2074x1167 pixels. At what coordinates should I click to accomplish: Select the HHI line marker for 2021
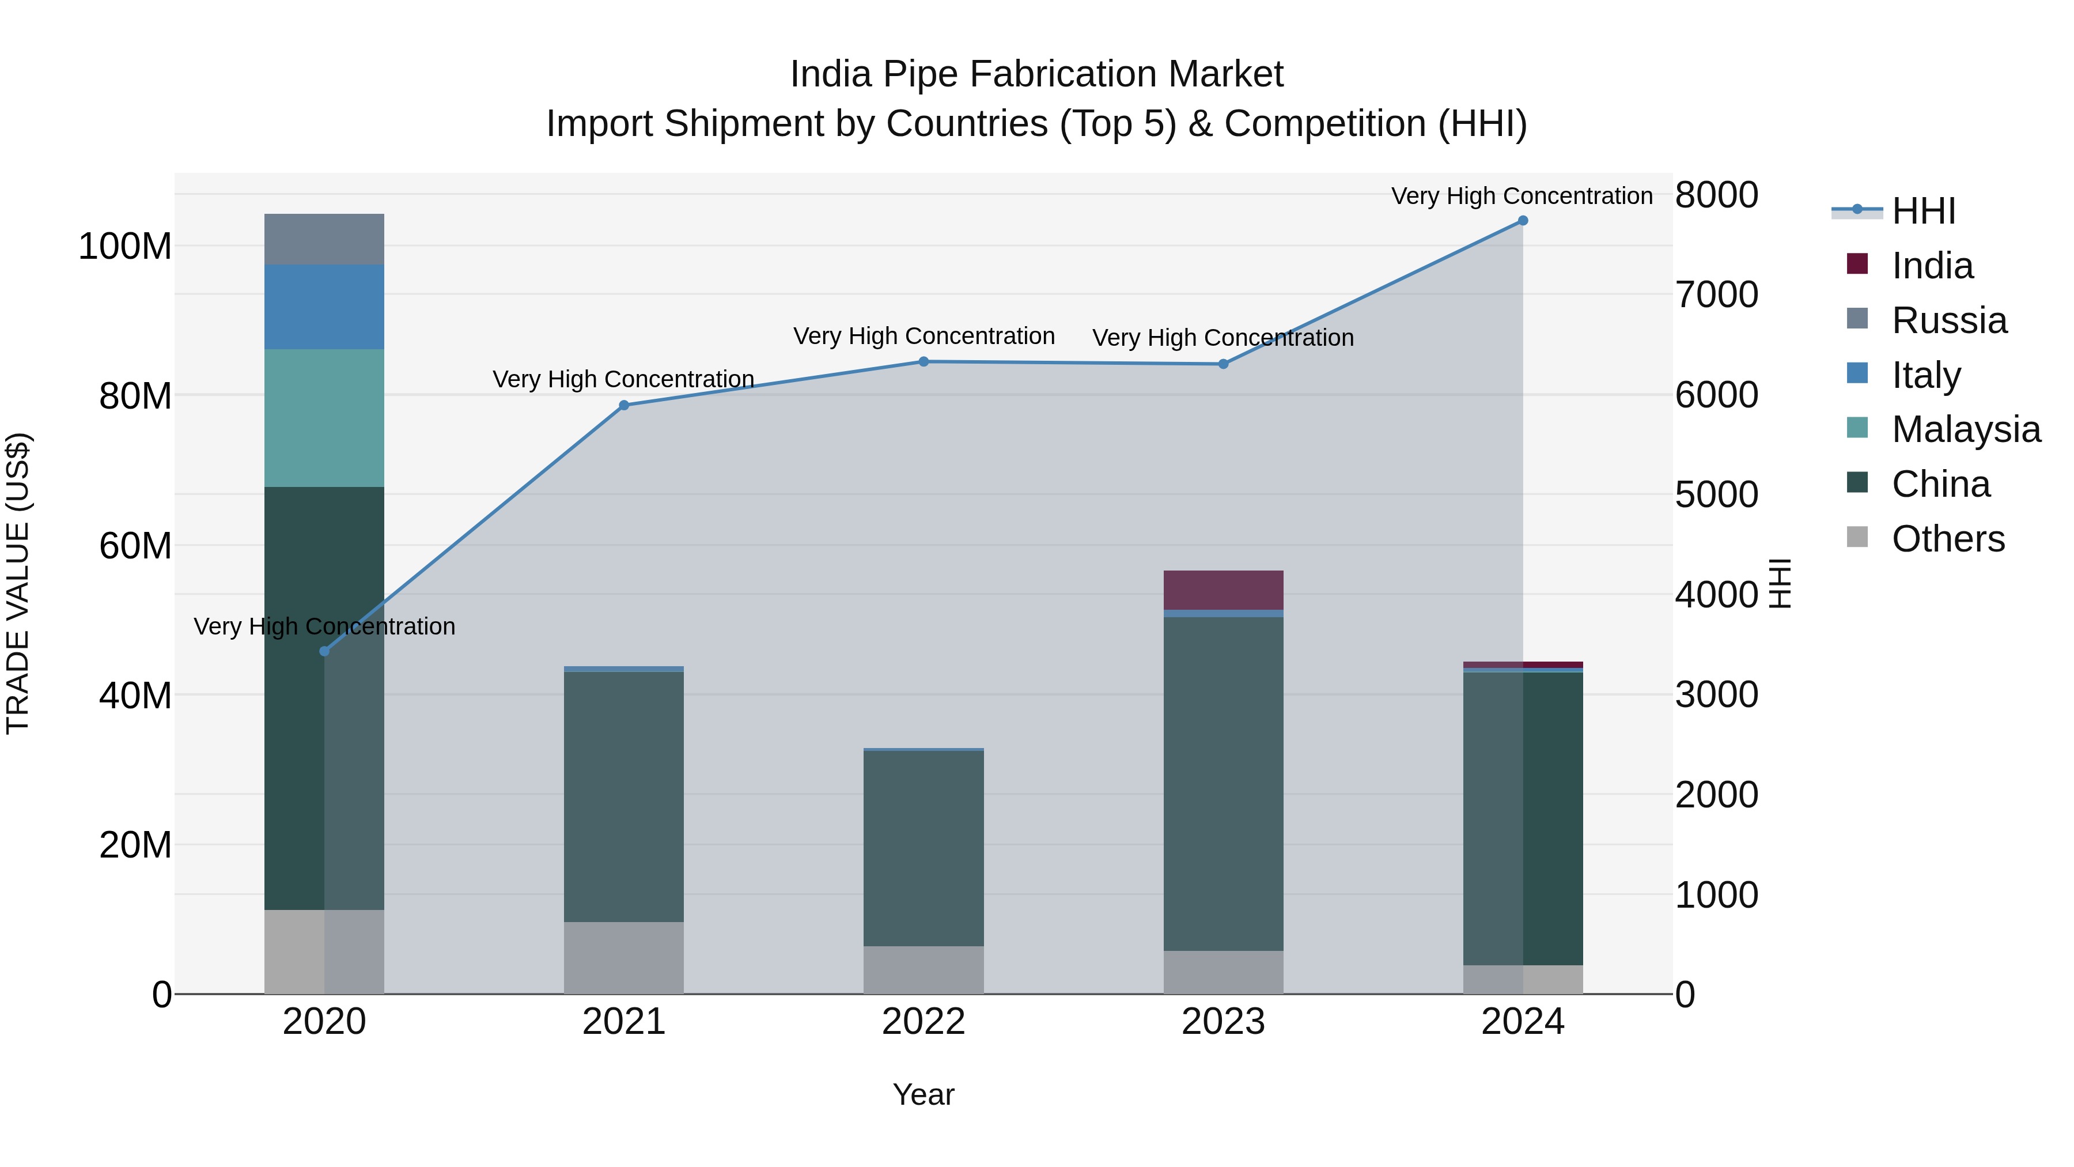click(624, 405)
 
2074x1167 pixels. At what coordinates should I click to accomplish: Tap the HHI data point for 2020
click(324, 651)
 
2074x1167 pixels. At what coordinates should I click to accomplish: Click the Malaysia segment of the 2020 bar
click(324, 417)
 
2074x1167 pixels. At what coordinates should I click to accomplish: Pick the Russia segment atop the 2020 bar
click(324, 239)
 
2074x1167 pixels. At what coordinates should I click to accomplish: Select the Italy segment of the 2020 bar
click(324, 306)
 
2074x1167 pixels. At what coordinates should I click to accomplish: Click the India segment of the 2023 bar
click(1223, 590)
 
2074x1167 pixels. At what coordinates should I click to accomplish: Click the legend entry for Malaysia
click(1965, 429)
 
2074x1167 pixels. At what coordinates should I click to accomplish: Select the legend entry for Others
click(1947, 539)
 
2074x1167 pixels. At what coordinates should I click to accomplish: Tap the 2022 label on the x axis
click(924, 1022)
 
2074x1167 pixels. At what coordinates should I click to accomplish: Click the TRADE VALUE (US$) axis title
click(18, 583)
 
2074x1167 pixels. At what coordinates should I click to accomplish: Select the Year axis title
click(924, 1094)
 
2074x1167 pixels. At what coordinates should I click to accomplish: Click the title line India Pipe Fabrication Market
click(1036, 74)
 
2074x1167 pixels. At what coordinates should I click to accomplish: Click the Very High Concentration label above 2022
click(924, 336)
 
